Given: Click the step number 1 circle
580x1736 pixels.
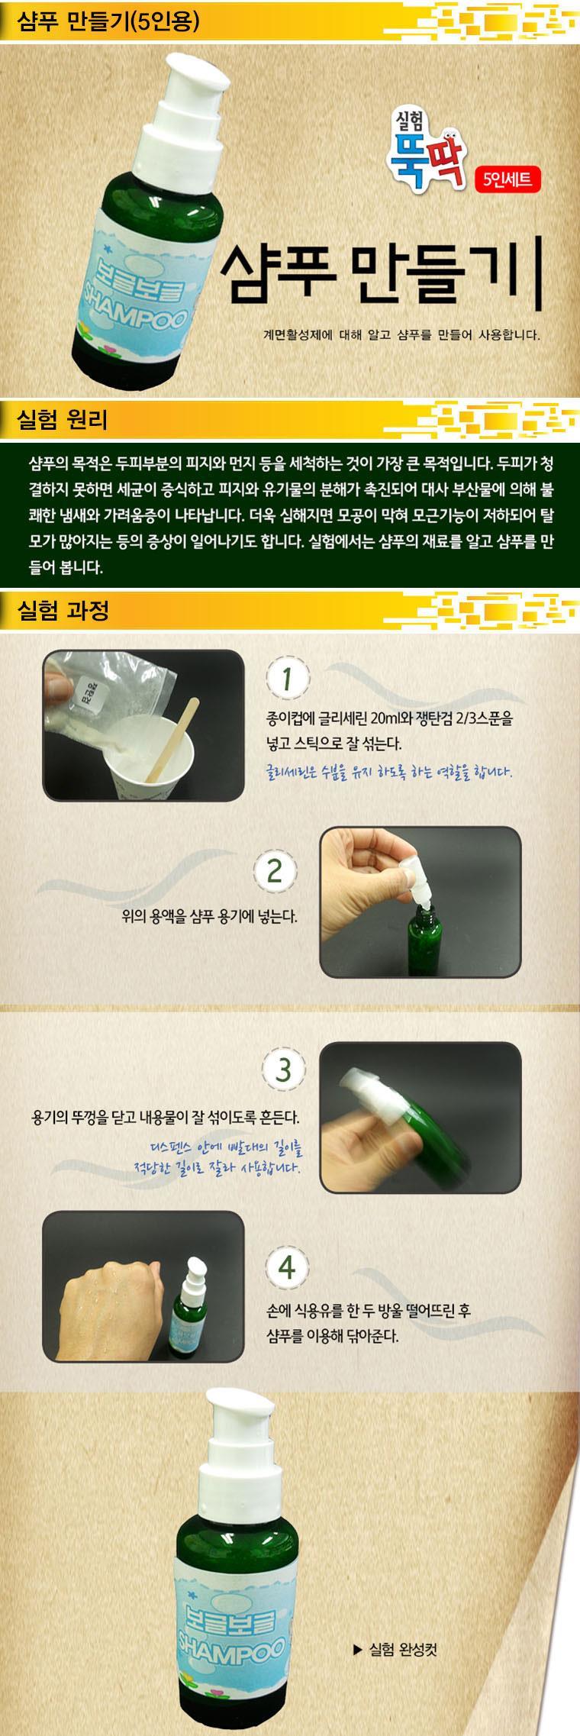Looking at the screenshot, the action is [286, 679].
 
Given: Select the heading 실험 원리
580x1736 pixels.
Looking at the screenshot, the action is [66, 419].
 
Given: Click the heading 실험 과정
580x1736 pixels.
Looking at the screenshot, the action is [66, 610].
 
